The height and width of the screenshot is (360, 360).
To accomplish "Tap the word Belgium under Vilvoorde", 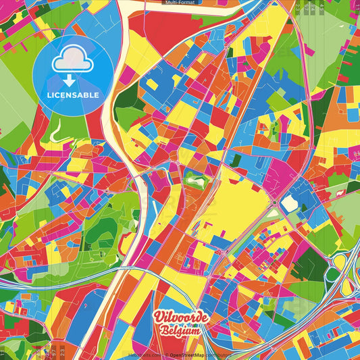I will pos(180,330).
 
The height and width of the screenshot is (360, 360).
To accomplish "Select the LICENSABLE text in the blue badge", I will pos(74,95).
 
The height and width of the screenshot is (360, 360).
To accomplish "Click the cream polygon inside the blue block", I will pos(289,203).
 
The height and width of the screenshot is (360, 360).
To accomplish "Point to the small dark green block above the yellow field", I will pos(235,160).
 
